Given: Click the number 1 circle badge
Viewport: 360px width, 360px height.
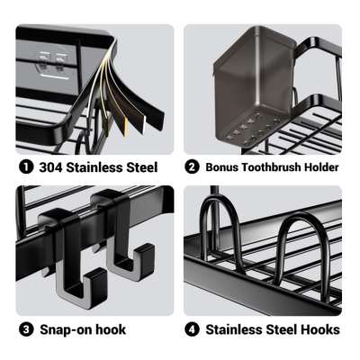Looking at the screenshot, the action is point(26,167).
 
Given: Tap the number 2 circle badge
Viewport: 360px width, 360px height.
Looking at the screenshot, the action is point(192,167).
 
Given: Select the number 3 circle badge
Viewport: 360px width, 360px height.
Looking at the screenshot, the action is point(26,329).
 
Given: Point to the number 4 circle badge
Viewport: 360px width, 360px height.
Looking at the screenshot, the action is point(192,329).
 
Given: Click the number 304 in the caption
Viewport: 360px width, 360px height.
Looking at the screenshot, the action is point(50,167).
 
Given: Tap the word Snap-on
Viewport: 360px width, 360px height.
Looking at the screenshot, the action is point(66,329).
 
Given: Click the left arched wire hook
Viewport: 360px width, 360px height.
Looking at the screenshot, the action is point(220,228).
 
